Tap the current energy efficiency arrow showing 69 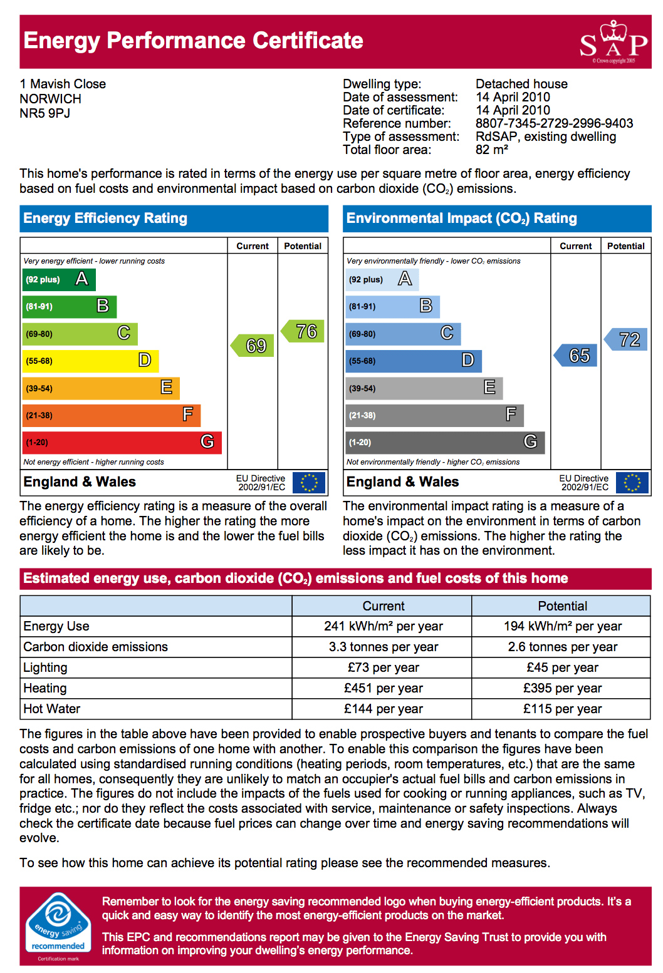coord(253,346)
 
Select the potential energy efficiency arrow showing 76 coord(303,331)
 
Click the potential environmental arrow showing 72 coord(627,339)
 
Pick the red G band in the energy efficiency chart coord(122,442)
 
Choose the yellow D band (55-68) coord(91,361)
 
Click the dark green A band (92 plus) coord(59,279)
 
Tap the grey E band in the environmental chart coord(424,388)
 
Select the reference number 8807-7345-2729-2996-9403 coord(554,123)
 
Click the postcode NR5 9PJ coord(45,113)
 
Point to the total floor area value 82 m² coord(492,150)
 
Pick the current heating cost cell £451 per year coord(383,688)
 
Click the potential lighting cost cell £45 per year coord(562,667)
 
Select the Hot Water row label coord(52,709)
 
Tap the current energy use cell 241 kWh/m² coord(383,626)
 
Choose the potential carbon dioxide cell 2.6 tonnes coord(562,647)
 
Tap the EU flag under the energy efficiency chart coord(309,483)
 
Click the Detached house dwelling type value coord(521,84)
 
